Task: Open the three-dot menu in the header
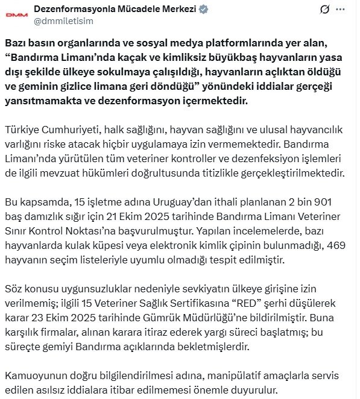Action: tap(344, 10)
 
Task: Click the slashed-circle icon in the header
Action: tap(324, 10)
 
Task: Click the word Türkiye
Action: tap(22, 129)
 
